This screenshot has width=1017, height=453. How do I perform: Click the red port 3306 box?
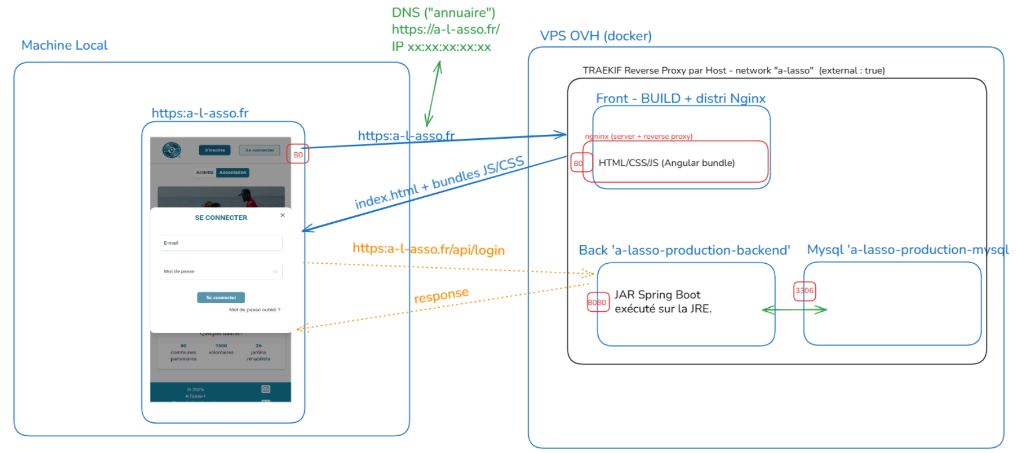pyautogui.click(x=804, y=291)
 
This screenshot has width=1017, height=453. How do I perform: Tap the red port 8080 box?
pyautogui.click(x=598, y=303)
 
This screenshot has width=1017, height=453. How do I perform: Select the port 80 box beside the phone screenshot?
pyautogui.click(x=298, y=154)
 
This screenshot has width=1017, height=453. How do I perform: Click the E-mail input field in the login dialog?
pyautogui.click(x=221, y=243)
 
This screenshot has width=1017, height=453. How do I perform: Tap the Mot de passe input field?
pyautogui.click(x=221, y=271)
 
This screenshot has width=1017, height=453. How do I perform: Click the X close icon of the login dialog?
pyautogui.click(x=282, y=215)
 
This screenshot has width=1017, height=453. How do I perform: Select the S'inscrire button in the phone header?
pyautogui.click(x=215, y=150)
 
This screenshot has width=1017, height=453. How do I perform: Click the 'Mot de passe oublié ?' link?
pyautogui.click(x=255, y=310)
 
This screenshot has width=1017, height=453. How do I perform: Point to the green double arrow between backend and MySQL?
pyautogui.click(x=794, y=310)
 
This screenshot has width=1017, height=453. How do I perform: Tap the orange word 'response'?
pyautogui.click(x=441, y=296)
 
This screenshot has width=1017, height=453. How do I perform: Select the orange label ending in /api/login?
pyautogui.click(x=428, y=249)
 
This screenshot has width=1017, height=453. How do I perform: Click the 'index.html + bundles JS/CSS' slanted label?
pyautogui.click(x=439, y=182)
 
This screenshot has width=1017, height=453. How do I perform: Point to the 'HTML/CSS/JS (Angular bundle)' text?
pyautogui.click(x=666, y=163)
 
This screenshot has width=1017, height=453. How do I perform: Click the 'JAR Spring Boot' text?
pyautogui.click(x=657, y=295)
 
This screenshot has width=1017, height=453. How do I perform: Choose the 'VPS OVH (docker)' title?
pyautogui.click(x=595, y=36)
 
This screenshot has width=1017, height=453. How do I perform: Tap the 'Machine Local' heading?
pyautogui.click(x=64, y=45)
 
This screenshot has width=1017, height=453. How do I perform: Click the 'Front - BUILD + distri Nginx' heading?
pyautogui.click(x=680, y=98)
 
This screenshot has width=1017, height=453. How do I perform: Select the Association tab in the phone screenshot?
pyautogui.click(x=233, y=172)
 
